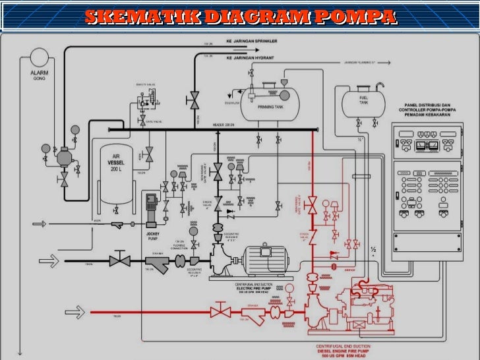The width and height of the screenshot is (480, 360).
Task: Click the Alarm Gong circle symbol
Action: click(x=39, y=57)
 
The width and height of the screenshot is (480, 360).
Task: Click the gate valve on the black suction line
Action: click(x=119, y=260)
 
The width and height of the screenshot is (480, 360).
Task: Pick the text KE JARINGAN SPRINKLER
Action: click(x=251, y=41)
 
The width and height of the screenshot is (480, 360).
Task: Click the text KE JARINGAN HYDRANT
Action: click(x=250, y=58)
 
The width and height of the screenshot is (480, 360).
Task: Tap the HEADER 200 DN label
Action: click(x=224, y=125)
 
